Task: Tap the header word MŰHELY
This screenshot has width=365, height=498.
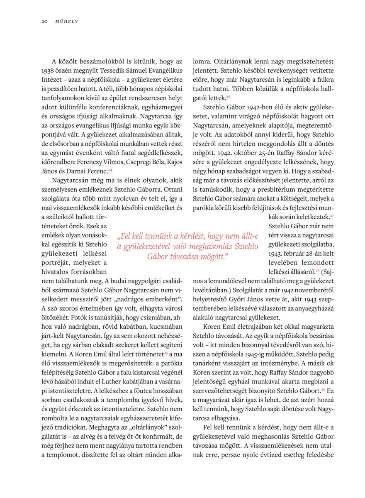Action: point(66,21)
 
